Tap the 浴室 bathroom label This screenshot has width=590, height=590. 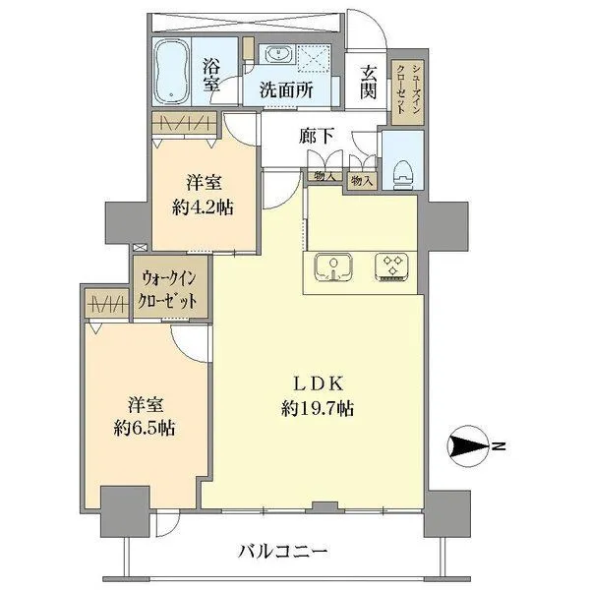pos(211,76)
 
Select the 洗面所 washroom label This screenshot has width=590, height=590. pos(286,88)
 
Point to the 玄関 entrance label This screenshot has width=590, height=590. pos(368,82)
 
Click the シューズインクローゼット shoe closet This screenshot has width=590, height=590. pos(401,89)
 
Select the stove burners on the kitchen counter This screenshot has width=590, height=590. pos(394,268)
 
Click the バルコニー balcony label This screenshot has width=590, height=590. pos(281,551)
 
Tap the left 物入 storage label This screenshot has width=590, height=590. pos(321,177)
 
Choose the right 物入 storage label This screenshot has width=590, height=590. pos(361,180)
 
